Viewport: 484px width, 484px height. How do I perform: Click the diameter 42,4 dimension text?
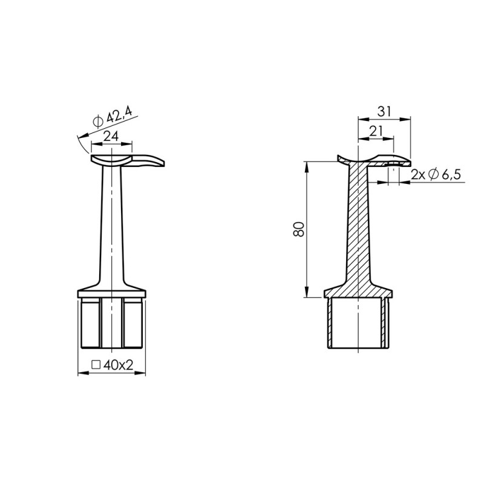(x=113, y=115)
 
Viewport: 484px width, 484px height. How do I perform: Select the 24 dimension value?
(x=110, y=137)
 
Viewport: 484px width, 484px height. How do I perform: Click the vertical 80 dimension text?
(x=298, y=229)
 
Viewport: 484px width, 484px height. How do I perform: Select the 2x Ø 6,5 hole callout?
(x=436, y=175)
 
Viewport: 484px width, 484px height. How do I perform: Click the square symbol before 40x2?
(x=95, y=365)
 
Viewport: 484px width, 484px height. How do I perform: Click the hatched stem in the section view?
(x=358, y=230)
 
